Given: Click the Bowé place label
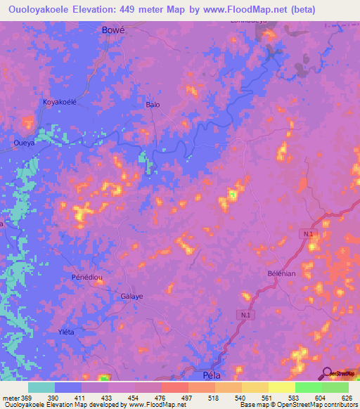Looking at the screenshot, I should [113, 30].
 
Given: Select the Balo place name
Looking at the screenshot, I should [153, 105].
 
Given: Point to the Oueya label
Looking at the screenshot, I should [25, 142].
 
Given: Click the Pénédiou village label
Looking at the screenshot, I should [88, 278].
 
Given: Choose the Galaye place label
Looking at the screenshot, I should [131, 296].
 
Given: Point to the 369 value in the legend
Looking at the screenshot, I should [25, 398].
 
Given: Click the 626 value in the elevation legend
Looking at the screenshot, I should [346, 398].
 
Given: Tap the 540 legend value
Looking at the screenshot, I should [239, 398].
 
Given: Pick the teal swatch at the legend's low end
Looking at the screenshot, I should [41, 387].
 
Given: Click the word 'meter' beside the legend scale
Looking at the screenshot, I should [10, 398].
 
